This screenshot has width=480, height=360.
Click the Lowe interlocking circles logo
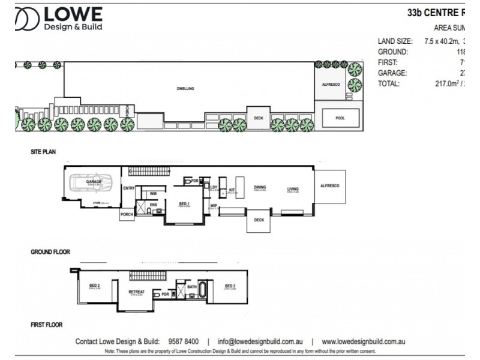click(28, 20)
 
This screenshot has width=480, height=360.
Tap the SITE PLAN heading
click(43, 152)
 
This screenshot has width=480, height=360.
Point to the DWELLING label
click(185, 88)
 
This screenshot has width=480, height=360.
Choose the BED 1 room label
click(184, 203)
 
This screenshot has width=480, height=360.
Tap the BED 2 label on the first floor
click(94, 286)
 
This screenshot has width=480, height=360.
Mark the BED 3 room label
click(230, 286)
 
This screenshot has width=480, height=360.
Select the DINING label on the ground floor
click(260, 187)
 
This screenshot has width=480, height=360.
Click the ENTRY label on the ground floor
click(128, 188)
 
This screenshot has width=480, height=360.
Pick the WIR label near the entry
click(153, 193)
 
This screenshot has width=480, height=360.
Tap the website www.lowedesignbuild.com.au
click(364, 341)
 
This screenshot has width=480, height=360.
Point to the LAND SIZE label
click(395, 41)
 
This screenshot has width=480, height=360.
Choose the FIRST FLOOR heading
click(47, 325)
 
